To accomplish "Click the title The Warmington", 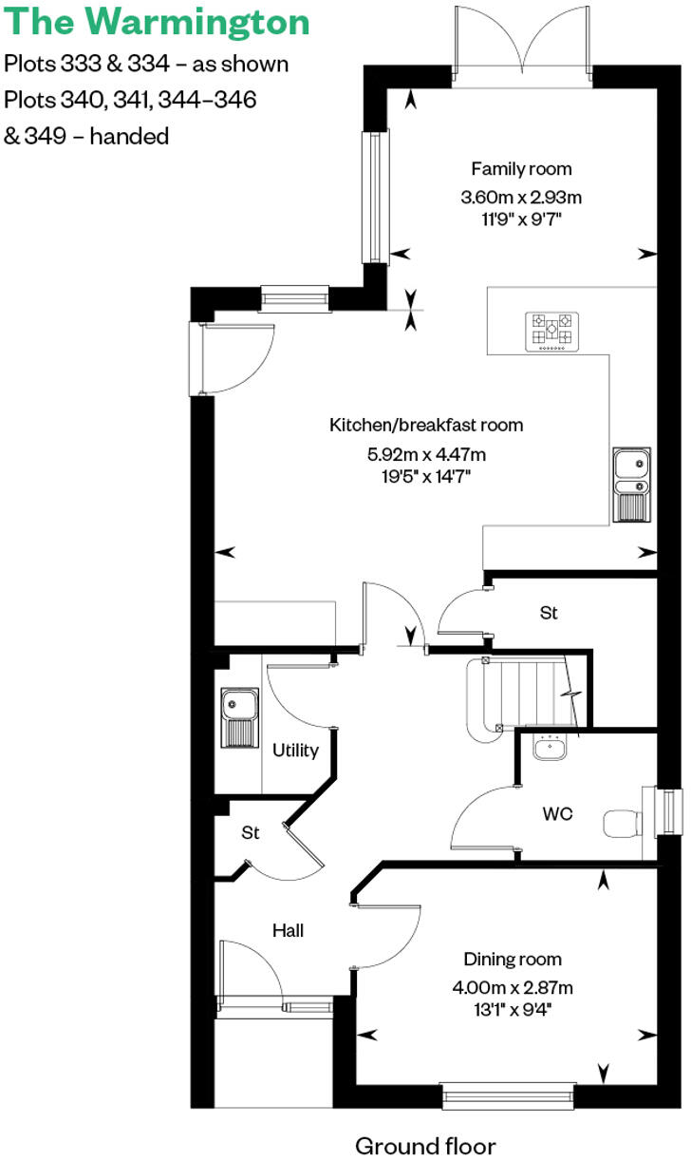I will coord(158,22).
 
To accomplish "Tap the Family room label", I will coord(521,169).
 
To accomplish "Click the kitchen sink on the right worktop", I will coord(630,484).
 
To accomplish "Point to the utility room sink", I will coord(237,718).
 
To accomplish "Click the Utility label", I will coord(295,751).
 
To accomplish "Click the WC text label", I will coord(556,814).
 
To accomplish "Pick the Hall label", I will coord(288,930).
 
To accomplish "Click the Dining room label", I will coord(513,959).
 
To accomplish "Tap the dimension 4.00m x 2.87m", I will coord(513,987).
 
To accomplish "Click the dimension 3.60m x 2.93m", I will coord(521,198).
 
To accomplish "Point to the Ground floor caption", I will coord(425,1145).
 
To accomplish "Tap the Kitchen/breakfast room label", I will coord(426,425).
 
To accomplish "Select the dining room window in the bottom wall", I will coord(509,1094).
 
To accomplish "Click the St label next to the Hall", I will coord(250,833).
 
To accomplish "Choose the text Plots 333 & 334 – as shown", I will coord(146,65).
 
